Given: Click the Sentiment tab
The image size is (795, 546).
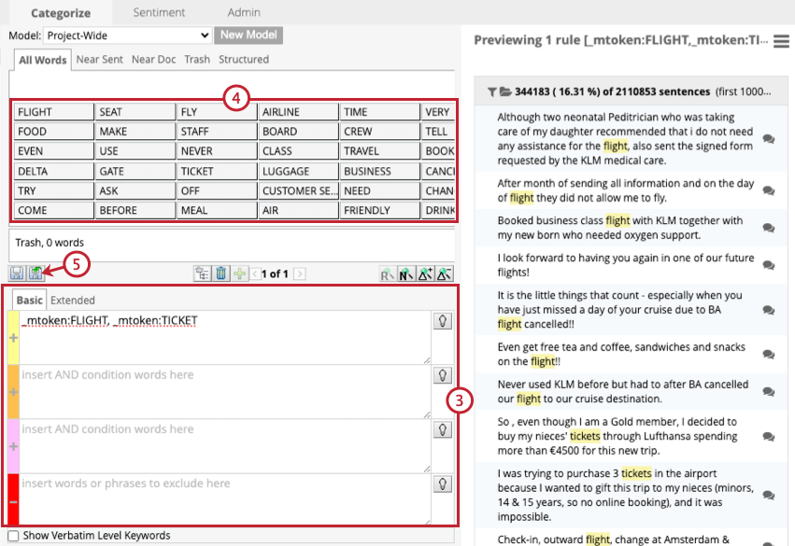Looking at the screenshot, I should (x=159, y=13).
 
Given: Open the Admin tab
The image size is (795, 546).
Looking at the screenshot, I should (x=244, y=13).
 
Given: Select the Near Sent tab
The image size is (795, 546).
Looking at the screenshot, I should (x=100, y=60).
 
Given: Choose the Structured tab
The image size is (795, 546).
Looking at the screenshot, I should (x=243, y=60).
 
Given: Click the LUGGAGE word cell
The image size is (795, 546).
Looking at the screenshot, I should (x=297, y=171).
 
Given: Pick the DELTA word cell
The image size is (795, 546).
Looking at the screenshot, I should (x=53, y=171).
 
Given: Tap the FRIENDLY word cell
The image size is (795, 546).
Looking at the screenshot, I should (x=377, y=210).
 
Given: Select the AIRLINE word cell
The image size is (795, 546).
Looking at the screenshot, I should (x=297, y=112).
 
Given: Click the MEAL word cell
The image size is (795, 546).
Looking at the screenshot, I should (x=216, y=210).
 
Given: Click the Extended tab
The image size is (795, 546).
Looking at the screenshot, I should (x=73, y=301).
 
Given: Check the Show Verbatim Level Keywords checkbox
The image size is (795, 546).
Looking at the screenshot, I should (x=13, y=536).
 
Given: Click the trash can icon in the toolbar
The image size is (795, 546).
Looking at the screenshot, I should (x=220, y=273).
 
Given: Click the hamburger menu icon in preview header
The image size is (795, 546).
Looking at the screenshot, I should (x=782, y=41).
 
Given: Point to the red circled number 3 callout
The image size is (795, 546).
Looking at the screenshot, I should (x=459, y=400).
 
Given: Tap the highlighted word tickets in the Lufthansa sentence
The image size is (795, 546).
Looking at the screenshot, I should (x=585, y=436).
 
